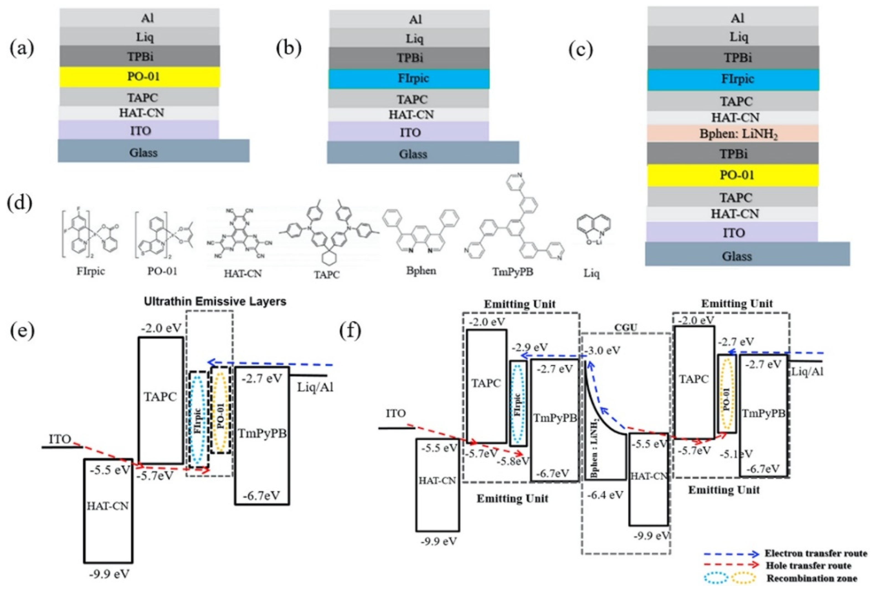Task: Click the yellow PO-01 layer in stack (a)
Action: (139, 77)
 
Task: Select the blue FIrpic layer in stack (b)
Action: (409, 79)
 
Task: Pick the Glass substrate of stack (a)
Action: (153, 152)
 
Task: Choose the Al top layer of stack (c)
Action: (732, 18)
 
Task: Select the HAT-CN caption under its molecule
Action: (243, 273)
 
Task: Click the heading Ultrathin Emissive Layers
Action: (215, 302)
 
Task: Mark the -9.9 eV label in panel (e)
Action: (109, 574)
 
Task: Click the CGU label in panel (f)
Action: (625, 328)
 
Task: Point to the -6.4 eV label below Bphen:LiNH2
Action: (605, 494)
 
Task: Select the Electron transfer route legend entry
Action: (815, 553)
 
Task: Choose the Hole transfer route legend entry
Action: (808, 565)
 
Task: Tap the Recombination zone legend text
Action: (812, 578)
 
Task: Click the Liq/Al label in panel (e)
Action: (315, 387)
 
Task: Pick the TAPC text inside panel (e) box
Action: (160, 396)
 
